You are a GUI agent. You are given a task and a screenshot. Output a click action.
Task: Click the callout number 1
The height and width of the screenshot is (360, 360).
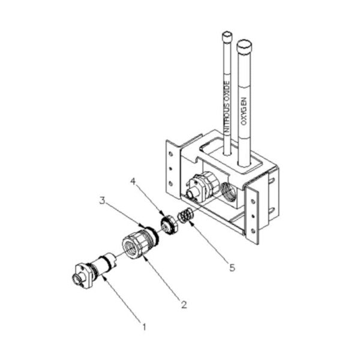[x=144, y=327]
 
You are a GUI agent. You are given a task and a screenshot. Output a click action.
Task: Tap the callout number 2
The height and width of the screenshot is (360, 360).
[x=184, y=305]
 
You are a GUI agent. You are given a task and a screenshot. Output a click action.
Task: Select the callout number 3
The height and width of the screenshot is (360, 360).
[x=102, y=200]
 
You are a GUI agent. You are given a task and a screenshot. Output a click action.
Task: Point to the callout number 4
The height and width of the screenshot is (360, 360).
[x=133, y=182]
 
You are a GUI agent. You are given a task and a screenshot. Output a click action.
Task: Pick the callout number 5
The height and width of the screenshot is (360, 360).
[x=232, y=268]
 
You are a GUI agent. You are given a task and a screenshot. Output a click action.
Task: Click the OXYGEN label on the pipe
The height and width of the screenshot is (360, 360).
[x=244, y=112]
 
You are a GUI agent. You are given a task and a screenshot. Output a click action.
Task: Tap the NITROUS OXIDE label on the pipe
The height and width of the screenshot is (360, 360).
[x=226, y=107]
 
